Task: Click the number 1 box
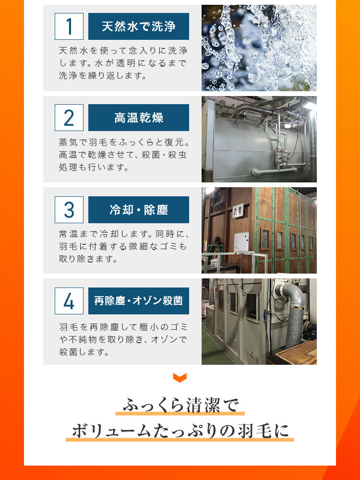tap(69, 26)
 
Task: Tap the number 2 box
tap(69, 118)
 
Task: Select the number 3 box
tap(69, 210)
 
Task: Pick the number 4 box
tap(69, 301)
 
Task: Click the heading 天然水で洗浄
tap(139, 26)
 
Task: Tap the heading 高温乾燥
tap(139, 118)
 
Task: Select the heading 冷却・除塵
tap(139, 210)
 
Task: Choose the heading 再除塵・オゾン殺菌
tap(139, 301)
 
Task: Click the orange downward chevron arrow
tap(180, 378)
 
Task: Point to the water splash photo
tap(259, 48)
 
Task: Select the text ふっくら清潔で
tap(180, 405)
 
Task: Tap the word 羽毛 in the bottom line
tap(253, 431)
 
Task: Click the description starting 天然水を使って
tap(123, 63)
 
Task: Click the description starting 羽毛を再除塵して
tap(123, 339)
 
